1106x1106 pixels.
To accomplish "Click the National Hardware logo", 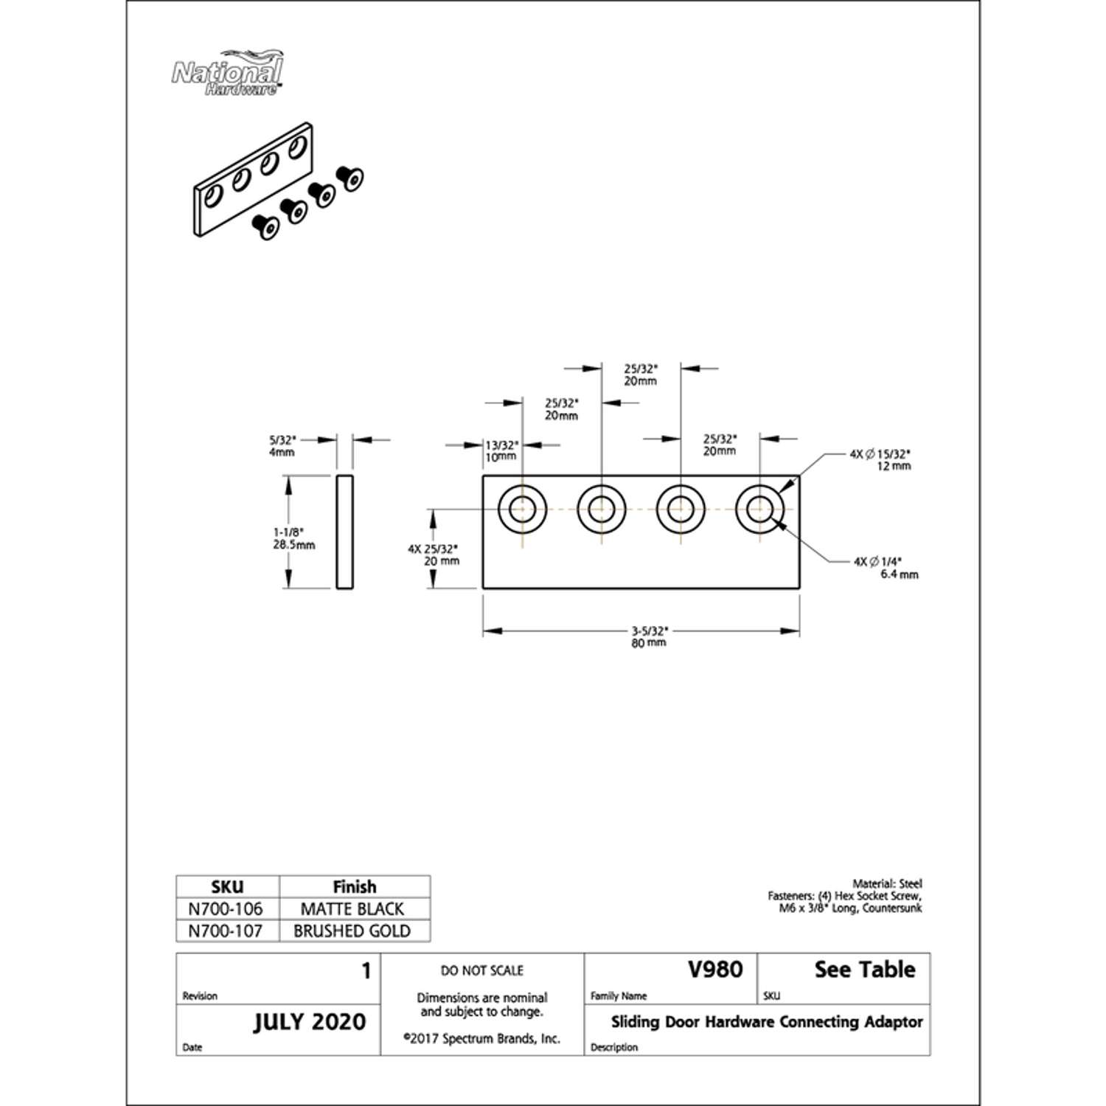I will click(x=227, y=74).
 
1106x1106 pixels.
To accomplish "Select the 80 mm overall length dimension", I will click(x=649, y=637).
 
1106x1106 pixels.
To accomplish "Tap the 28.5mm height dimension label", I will click(x=293, y=539).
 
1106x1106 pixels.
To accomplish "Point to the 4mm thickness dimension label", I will click(x=282, y=446).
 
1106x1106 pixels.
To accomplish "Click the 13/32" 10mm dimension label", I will click(x=501, y=451).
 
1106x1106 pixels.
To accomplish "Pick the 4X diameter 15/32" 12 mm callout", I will click(x=880, y=460).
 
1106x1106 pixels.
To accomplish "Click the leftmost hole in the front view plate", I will click(x=522, y=509).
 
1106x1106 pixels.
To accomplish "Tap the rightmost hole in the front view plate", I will click(x=759, y=509).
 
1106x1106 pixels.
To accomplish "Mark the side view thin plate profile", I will click(x=344, y=532).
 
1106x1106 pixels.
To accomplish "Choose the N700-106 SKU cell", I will click(x=226, y=909).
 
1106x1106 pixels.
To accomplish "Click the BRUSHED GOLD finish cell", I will click(x=352, y=931).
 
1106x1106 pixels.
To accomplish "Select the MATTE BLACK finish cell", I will click(x=352, y=909).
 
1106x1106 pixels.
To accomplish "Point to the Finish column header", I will click(x=354, y=886).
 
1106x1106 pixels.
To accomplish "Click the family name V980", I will click(x=714, y=970).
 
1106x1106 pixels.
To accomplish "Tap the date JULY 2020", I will click(x=310, y=1022).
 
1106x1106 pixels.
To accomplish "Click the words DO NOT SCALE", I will click(x=482, y=970).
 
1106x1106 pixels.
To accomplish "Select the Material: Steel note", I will click(x=887, y=883).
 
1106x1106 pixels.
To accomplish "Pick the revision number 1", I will click(x=366, y=971).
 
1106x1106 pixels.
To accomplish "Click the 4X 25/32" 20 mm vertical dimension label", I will click(x=434, y=554).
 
